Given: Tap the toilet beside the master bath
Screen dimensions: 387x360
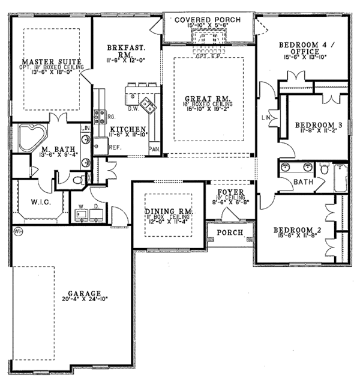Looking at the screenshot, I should point(77,179).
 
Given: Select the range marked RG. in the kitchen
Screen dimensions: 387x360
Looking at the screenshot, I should point(111,118).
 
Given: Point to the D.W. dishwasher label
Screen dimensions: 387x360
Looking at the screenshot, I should point(134,109).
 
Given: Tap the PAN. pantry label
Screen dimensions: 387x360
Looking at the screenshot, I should point(154,148).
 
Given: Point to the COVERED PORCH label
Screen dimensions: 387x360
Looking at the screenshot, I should point(208,20).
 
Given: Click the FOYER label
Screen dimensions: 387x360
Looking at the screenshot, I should point(229,194).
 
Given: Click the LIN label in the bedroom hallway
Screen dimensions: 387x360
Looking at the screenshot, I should point(265,117).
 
